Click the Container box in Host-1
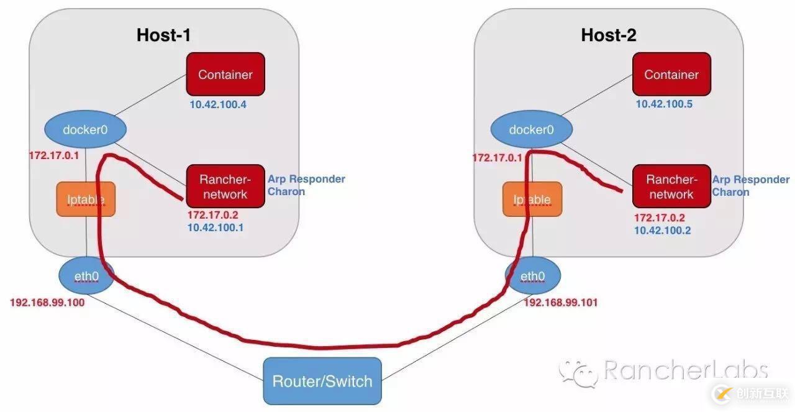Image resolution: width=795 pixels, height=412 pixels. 225,74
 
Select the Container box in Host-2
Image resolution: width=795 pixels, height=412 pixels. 671,74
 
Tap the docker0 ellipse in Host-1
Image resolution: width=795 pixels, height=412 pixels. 86,130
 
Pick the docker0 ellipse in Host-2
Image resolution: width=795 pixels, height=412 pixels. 532,130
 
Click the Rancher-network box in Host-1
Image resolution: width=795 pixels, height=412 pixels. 223,186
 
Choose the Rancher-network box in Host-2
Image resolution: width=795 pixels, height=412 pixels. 671,186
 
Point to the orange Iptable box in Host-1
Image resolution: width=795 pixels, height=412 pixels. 86,199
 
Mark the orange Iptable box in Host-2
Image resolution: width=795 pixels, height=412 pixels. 532,199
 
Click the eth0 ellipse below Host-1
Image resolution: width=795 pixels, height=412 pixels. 86,277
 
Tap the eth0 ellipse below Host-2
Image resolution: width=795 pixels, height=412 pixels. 533,277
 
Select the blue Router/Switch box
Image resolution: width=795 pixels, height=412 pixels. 322,381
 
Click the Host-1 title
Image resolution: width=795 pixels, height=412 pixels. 163,35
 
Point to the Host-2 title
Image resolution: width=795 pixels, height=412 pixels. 609,35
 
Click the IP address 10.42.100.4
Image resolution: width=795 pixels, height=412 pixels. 218,104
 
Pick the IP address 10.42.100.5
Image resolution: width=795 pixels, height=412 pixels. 664,104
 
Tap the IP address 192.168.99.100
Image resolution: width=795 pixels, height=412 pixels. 47,303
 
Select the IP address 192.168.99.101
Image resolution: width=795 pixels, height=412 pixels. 561,303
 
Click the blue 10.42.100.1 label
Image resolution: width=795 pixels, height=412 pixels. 216,228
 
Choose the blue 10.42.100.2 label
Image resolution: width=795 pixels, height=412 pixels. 662,230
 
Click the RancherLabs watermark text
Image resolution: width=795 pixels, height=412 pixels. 686,371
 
